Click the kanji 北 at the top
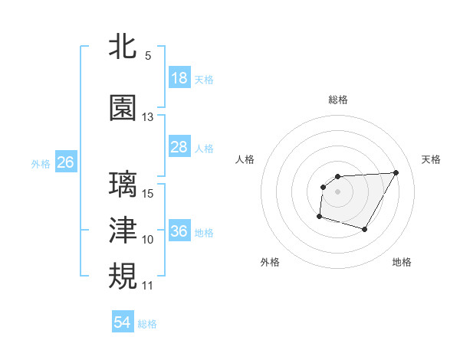click(x=123, y=47)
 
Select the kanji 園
click(x=123, y=108)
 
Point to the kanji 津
click(x=123, y=231)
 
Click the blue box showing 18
click(x=179, y=78)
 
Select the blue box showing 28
click(x=179, y=147)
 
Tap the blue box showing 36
click(x=179, y=231)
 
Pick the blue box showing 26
click(x=65, y=162)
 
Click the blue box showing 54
click(x=122, y=322)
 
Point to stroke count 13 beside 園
click(x=147, y=117)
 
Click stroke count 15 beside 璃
click(x=148, y=194)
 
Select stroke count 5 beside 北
click(x=147, y=56)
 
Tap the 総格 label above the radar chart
click(x=337, y=100)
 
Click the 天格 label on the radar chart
click(x=431, y=159)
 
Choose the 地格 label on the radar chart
click(x=402, y=262)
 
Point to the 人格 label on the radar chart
click(x=245, y=159)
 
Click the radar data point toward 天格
click(x=396, y=172)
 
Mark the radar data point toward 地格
click(x=365, y=230)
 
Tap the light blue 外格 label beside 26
click(x=41, y=163)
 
